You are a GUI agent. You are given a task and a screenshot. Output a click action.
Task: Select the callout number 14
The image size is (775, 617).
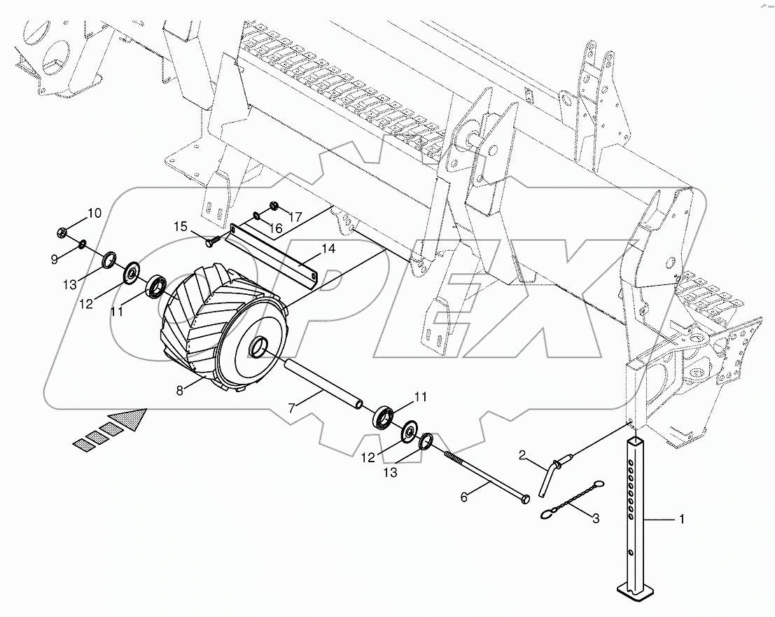329,249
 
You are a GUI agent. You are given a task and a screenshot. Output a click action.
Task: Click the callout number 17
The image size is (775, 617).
295,217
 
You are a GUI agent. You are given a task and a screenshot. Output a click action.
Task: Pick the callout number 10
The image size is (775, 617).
95,213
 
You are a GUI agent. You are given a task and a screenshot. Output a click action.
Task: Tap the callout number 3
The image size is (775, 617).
596,518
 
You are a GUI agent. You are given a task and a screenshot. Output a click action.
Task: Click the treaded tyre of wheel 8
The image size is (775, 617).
193,315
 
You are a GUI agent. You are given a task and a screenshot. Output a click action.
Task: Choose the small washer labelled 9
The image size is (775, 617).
83,244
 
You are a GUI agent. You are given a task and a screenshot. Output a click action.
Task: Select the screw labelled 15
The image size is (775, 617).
211,241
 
